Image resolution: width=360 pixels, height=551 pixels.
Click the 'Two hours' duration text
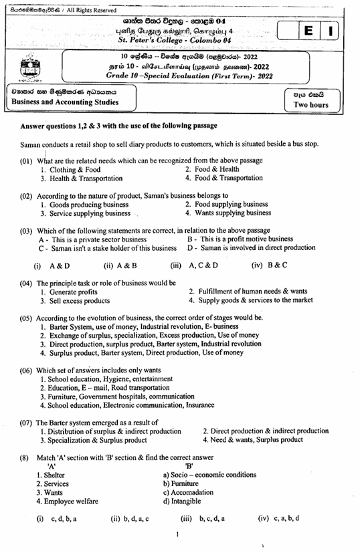point(311,105)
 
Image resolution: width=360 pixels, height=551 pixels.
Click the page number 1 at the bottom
point(177,534)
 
